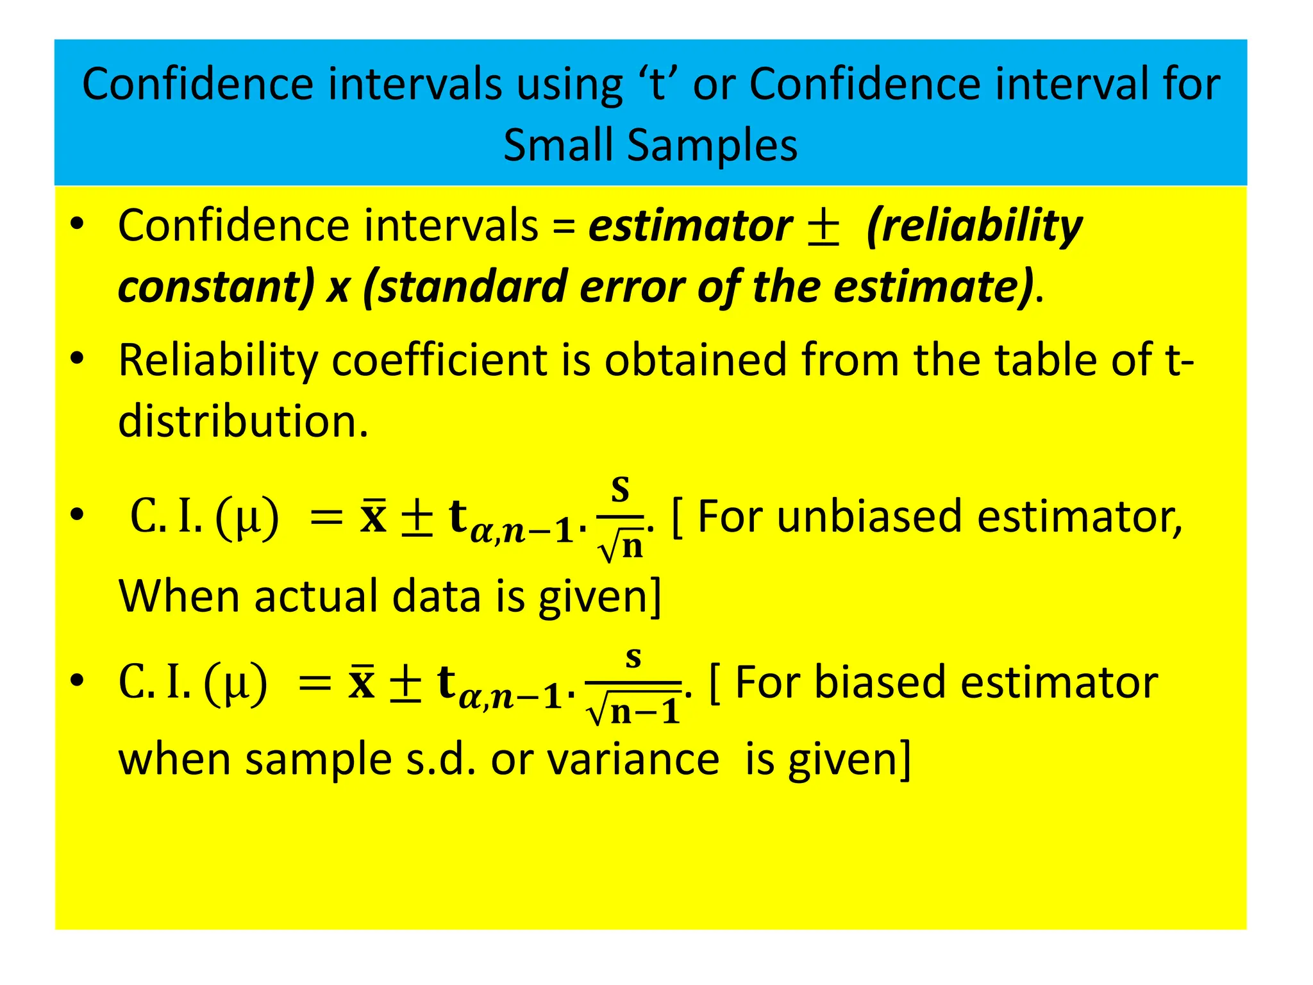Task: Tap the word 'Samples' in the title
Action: pyautogui.click(x=712, y=146)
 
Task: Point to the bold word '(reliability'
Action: pyautogui.click(x=973, y=227)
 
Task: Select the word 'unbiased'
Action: pyautogui.click(x=869, y=517)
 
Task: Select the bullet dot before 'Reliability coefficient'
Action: pyautogui.click(x=77, y=359)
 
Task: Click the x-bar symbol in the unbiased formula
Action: pyautogui.click(x=373, y=517)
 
